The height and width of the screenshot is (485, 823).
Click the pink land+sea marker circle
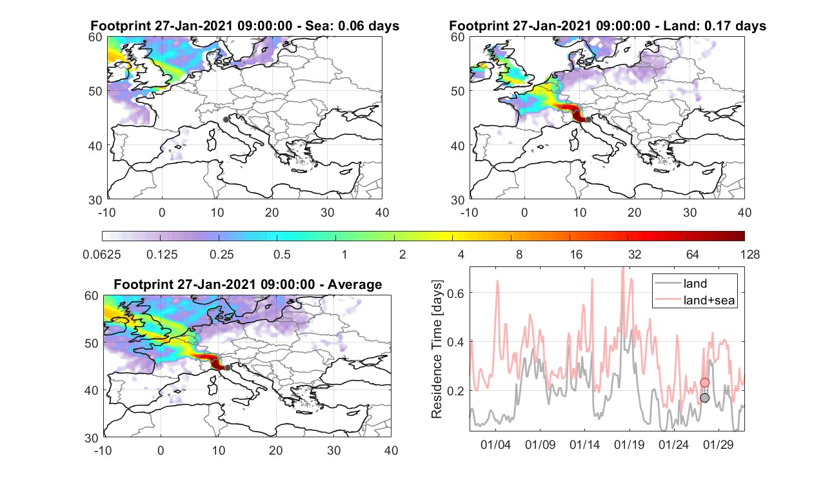(704, 382)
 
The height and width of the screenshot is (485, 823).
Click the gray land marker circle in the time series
(704, 397)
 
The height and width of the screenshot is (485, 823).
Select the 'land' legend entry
(695, 283)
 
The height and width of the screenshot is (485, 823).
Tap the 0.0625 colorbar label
(102, 254)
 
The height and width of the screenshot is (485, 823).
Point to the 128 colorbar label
(750, 254)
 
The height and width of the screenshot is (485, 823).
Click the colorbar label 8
(519, 254)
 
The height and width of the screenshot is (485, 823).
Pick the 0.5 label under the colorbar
(282, 254)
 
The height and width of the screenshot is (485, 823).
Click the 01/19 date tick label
(629, 444)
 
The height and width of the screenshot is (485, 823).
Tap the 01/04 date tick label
(495, 444)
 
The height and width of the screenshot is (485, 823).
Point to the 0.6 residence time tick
(456, 293)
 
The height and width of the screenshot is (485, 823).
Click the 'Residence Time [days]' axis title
(437, 350)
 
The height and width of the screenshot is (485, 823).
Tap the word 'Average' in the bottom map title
(355, 284)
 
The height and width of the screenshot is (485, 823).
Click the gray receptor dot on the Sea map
(226, 119)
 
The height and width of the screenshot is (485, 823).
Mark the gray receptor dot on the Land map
(588, 119)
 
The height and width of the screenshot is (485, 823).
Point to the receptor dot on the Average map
(228, 368)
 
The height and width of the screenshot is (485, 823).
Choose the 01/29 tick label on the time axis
(718, 444)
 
